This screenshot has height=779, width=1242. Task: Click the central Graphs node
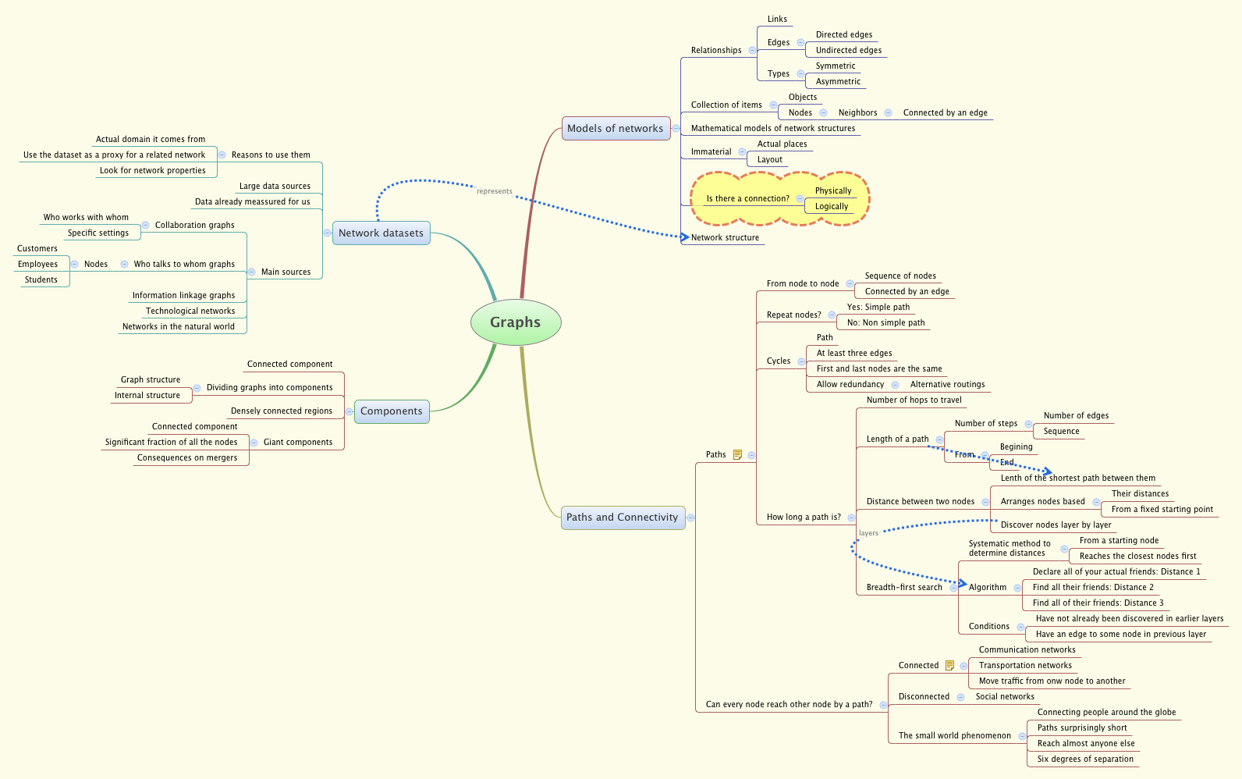click(516, 322)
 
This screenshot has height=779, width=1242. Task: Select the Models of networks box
click(616, 129)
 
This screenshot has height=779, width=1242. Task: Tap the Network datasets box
click(381, 233)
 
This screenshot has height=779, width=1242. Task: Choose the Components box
click(392, 411)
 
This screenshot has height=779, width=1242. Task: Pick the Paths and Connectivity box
click(623, 518)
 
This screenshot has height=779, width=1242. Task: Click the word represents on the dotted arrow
click(495, 191)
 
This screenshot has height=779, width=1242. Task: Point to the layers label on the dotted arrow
click(868, 533)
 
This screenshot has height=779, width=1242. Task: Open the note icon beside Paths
click(737, 455)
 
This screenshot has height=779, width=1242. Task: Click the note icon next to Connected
click(949, 666)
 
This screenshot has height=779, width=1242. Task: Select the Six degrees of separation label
click(1085, 759)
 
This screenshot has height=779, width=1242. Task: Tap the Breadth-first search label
click(904, 588)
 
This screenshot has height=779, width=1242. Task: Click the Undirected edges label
click(849, 51)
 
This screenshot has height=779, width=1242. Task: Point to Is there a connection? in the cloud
click(747, 199)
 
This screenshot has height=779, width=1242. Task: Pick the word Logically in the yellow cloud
click(832, 207)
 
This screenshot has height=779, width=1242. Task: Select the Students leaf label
click(41, 280)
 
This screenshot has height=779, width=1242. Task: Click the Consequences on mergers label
click(187, 458)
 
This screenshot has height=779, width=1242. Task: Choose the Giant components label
click(298, 443)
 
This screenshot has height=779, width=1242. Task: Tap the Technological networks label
click(190, 311)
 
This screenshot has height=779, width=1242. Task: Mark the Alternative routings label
click(947, 385)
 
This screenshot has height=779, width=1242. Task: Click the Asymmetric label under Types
click(838, 82)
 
